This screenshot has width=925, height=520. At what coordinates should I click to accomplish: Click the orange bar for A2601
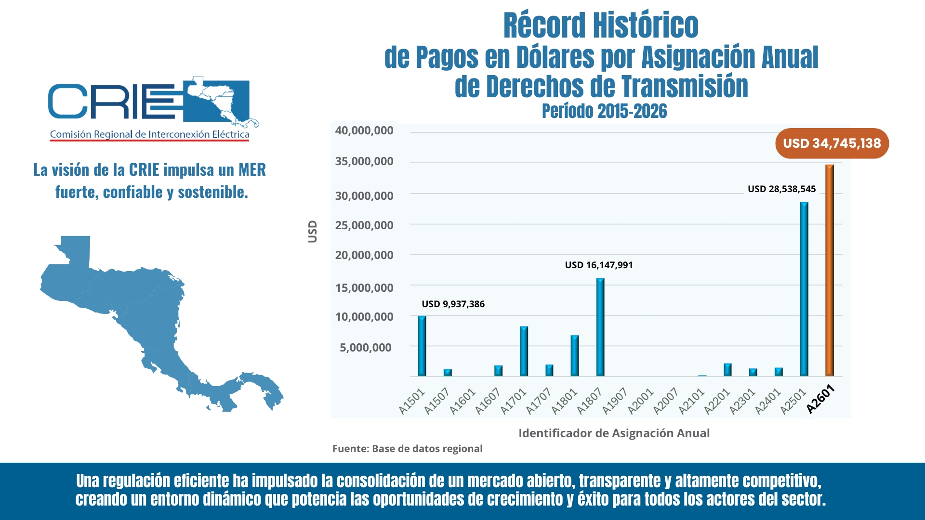(829, 270)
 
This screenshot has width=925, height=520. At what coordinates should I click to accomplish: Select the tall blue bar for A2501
(804, 289)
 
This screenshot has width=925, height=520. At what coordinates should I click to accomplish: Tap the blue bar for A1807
(600, 327)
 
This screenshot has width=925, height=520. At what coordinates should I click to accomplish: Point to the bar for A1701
(524, 351)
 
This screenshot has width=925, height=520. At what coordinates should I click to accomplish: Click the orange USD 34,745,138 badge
(832, 143)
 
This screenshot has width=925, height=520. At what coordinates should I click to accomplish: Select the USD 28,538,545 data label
(781, 189)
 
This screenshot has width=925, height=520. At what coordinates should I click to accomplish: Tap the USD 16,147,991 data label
(599, 265)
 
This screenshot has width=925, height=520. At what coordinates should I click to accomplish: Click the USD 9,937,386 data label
(453, 304)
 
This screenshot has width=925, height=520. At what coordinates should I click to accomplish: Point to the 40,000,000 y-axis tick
(364, 130)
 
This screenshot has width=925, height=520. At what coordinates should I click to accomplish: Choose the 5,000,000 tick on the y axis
(366, 348)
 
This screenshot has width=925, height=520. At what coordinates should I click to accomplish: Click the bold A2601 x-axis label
(820, 399)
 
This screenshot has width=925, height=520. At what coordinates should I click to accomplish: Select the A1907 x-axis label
(615, 401)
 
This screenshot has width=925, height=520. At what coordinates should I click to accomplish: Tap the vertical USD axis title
(313, 232)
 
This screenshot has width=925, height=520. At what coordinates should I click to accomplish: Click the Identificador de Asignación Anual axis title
(614, 433)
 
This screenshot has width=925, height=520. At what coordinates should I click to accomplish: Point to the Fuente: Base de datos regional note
(407, 449)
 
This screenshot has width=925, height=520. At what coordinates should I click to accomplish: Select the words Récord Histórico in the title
(601, 26)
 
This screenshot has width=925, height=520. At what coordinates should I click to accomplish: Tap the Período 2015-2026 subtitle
(604, 111)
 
